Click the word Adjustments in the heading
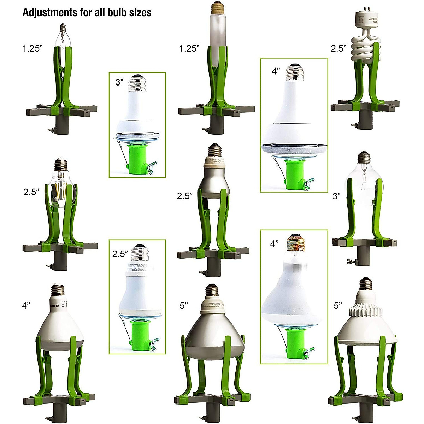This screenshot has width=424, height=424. coord(45,13)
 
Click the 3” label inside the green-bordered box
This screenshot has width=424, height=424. coord(119,82)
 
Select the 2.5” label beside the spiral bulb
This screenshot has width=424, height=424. coord(338,48)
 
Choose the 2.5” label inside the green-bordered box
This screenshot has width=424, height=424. coord(120,254)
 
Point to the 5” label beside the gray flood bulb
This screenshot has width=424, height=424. coord(184,305)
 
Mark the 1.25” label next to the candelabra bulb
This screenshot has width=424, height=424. coord(33,48)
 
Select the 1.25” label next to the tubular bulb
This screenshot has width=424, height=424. coord(189,48)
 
